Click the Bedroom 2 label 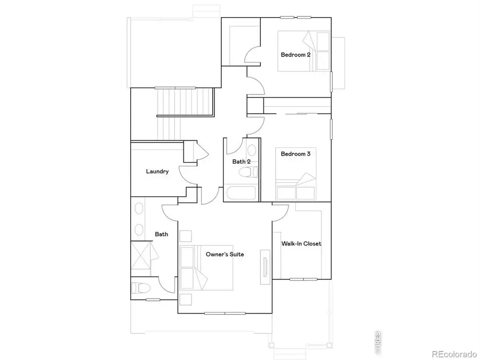(x=295, y=54)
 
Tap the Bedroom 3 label (x=295, y=154)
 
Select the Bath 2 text (x=241, y=162)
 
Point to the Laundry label (x=157, y=172)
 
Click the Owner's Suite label (x=225, y=254)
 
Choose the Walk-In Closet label (x=301, y=244)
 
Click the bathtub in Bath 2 (x=241, y=193)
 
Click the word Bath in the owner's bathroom (x=161, y=234)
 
